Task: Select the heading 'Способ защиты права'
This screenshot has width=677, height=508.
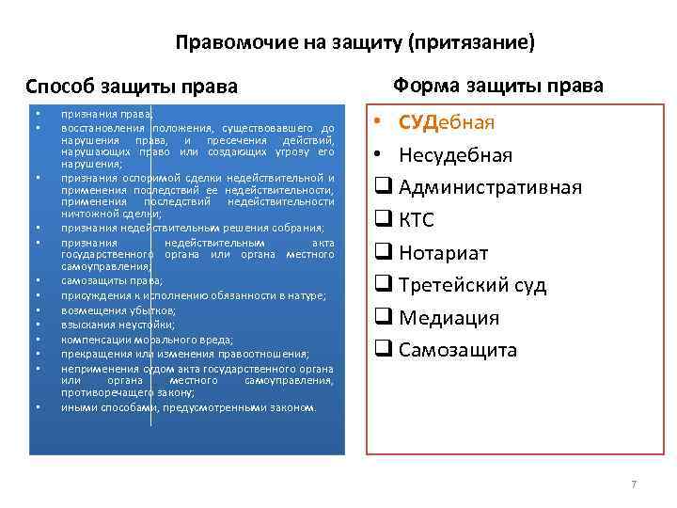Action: point(131,87)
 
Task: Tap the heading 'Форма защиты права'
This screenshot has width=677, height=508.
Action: point(498,86)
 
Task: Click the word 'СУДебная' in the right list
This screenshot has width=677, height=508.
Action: point(447,123)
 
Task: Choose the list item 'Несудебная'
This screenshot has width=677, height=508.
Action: point(456,155)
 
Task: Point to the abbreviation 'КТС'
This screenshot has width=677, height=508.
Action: point(418,220)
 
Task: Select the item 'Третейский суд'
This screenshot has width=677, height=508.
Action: point(472,285)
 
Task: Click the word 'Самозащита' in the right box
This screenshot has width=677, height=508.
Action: point(458,350)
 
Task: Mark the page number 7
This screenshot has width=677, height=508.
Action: point(634,484)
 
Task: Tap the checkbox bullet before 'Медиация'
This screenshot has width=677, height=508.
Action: point(383,318)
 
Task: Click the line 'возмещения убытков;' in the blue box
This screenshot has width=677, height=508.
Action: point(113,310)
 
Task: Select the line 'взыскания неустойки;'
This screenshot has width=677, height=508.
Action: point(114,325)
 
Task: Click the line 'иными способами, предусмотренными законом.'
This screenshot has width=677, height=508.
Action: point(189,407)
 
